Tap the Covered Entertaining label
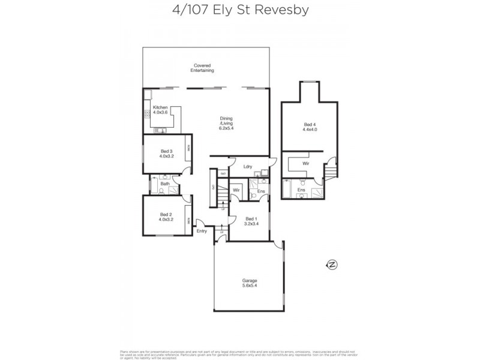pyautogui.click(x=202, y=68)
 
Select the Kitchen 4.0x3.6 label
pyautogui.click(x=159, y=110)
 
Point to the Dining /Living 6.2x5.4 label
pyautogui.click(x=226, y=124)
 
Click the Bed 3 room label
pyautogui.click(x=166, y=154)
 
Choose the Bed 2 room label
pyautogui.click(x=166, y=217)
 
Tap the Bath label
pyautogui.click(x=164, y=184)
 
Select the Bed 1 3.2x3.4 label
pyautogui.click(x=251, y=221)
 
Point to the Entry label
pyautogui.click(x=201, y=231)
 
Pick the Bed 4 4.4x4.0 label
pyautogui.click(x=310, y=128)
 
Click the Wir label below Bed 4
pyautogui.click(x=305, y=163)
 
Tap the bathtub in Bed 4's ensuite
pyautogui.click(x=287, y=191)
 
